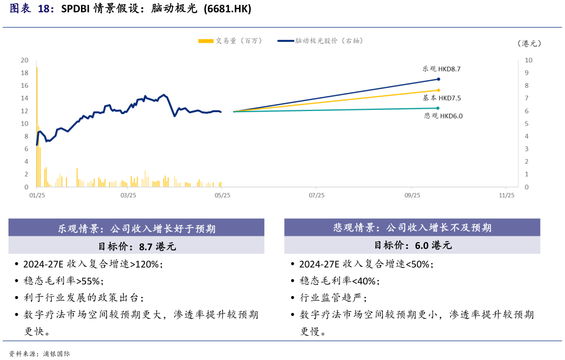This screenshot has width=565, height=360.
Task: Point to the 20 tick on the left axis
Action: click(24, 60)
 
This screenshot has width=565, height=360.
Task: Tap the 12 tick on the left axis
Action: click(24, 111)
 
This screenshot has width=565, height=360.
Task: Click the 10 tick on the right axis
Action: click(528, 60)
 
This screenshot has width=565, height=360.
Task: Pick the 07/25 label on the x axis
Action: click(316, 195)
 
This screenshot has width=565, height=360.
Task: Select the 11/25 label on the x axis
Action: click(506, 195)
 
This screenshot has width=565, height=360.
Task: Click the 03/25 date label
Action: click(128, 195)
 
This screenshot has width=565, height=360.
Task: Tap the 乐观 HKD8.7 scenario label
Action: click(441, 69)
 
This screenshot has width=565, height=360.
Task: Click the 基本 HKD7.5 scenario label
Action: click(441, 98)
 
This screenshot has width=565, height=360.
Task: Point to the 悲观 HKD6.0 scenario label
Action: click(443, 116)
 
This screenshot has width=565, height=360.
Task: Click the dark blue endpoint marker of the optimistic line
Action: click(438, 79)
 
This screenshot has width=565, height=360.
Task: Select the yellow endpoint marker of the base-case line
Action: click(438, 90)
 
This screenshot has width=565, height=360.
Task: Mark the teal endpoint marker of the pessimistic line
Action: click(438, 108)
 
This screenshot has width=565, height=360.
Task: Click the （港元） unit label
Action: click(529, 44)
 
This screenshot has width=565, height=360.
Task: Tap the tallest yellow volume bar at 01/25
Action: click(36, 127)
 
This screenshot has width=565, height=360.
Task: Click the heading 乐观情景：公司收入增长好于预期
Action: click(136, 229)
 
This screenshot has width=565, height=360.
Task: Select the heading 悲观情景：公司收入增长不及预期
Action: click(412, 228)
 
